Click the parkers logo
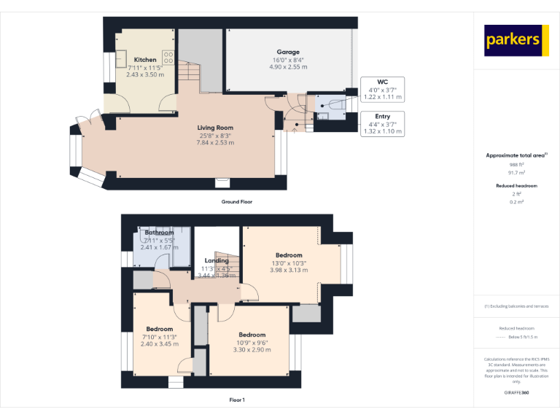click(x=516, y=40)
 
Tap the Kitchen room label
click(x=145, y=60)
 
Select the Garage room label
click(x=288, y=52)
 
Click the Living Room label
click(x=215, y=128)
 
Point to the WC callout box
click(x=382, y=89)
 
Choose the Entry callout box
click(x=382, y=123)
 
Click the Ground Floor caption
click(x=237, y=201)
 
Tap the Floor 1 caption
click(x=237, y=400)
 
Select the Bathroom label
click(x=159, y=233)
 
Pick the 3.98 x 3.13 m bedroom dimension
click(x=289, y=271)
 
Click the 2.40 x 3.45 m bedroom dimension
click(x=159, y=344)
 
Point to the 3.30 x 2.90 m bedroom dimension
click(x=252, y=350)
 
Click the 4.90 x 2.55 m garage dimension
click(x=288, y=67)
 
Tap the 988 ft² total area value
click(x=516, y=165)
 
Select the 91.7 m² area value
click(x=516, y=173)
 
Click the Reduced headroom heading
click(x=516, y=186)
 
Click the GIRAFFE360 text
click(x=516, y=393)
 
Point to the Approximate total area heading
click(x=515, y=155)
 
